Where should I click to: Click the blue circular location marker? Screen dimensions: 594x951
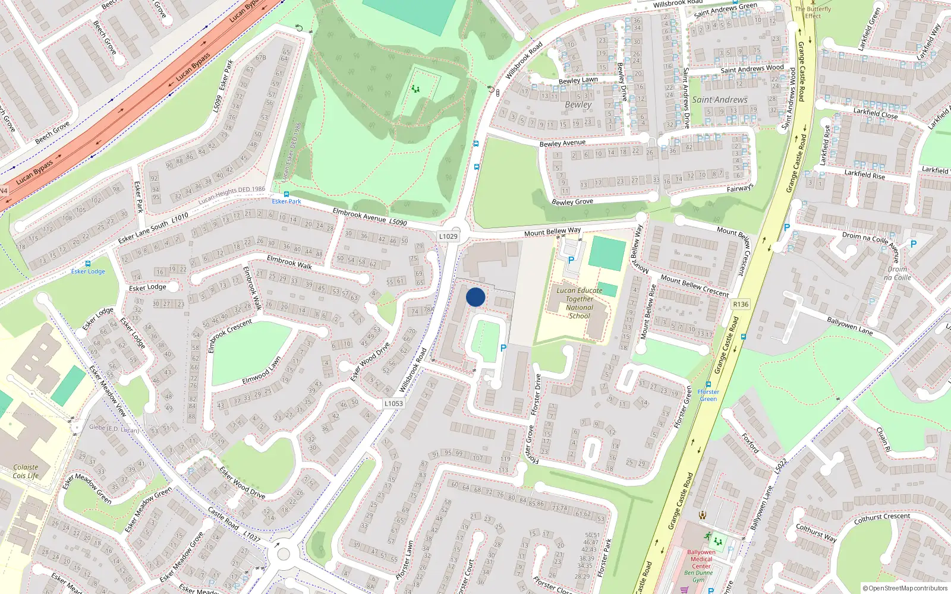click(475, 297)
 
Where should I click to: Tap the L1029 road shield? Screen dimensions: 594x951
click(448, 236)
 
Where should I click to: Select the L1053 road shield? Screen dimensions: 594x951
click(393, 403)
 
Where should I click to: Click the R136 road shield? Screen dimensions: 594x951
click(741, 304)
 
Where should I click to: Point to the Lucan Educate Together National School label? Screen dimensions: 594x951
click(579, 303)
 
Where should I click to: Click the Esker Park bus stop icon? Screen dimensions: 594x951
click(286, 194)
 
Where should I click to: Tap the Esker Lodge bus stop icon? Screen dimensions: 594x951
click(88, 264)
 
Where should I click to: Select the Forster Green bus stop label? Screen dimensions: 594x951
click(708, 396)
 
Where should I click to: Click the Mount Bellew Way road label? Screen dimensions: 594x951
click(552, 231)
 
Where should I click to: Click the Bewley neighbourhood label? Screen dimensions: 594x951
click(578, 105)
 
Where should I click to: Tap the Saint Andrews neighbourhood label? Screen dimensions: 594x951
click(720, 100)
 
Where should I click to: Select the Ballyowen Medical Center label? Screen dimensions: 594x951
click(701, 558)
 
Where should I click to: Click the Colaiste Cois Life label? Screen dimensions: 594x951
click(26, 471)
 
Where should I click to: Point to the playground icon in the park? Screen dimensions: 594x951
click(415, 89)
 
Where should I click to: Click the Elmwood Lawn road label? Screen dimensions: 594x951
click(262, 371)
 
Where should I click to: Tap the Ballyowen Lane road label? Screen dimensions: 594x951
click(849, 326)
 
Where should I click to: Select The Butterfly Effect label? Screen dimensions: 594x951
click(813, 12)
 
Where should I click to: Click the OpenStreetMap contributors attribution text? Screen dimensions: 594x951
click(905, 588)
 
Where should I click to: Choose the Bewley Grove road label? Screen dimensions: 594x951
click(572, 202)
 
